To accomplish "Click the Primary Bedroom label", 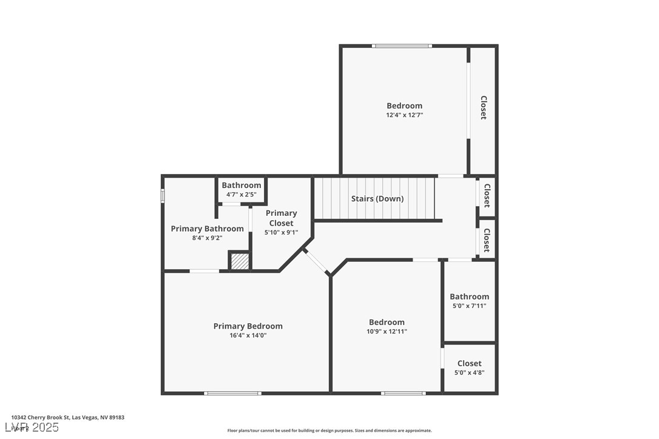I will [x=248, y=326].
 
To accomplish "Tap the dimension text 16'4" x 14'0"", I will [x=248, y=335].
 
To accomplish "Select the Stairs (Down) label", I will [x=377, y=199].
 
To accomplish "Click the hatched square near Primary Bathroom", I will [x=240, y=261].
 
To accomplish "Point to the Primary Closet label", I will [x=281, y=218].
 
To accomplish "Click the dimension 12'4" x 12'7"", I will [x=404, y=115].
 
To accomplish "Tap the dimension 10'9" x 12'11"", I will [x=387, y=332].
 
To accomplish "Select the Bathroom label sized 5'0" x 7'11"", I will [x=469, y=297].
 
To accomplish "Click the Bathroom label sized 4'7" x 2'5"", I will [x=241, y=186].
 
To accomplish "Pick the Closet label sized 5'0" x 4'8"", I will [x=469, y=363].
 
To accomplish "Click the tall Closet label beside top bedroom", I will [x=484, y=107].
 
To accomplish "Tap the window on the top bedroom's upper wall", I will [x=402, y=46].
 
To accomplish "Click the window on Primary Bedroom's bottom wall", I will [x=232, y=394].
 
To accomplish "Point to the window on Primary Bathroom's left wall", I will [x=163, y=196].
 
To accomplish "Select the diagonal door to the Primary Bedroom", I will [x=316, y=261].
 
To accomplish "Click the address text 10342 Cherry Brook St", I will [x=67, y=418].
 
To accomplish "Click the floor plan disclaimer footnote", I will [x=329, y=431].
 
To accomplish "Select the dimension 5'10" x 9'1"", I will [x=281, y=232].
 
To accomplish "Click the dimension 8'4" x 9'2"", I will [x=207, y=238].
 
